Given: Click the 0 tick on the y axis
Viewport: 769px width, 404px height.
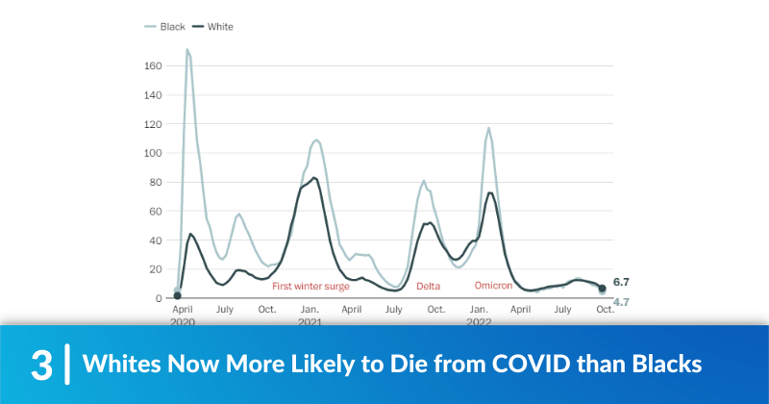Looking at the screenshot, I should [159, 298].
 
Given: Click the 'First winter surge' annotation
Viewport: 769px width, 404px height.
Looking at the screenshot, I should [310, 287].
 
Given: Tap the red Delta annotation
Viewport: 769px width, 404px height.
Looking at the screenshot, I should [428, 287].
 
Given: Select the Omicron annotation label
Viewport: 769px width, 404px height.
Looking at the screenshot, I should [493, 286].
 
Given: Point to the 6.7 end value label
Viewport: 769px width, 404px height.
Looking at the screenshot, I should [621, 283].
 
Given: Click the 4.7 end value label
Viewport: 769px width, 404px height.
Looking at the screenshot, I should [621, 302].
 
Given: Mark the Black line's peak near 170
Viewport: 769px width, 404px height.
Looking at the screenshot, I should [187, 49].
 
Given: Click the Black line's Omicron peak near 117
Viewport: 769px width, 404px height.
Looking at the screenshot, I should [488, 128].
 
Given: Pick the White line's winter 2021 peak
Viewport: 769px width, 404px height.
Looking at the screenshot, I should [314, 178].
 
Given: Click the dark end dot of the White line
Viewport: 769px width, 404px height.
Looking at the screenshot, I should [603, 288].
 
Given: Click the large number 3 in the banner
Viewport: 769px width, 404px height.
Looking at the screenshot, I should [40, 366].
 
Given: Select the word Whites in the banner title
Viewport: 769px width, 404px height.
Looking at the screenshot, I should [117, 366].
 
